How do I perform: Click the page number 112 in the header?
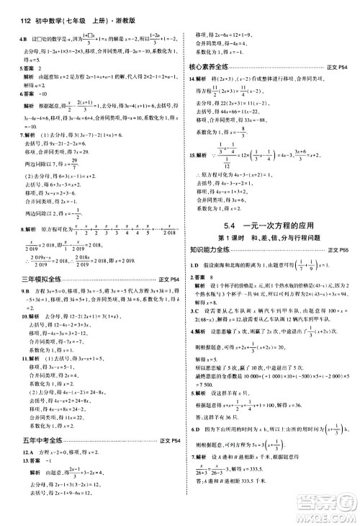pyautogui.click(x=10, y=9)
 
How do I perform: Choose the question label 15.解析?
pyautogui.click(x=202, y=153)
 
